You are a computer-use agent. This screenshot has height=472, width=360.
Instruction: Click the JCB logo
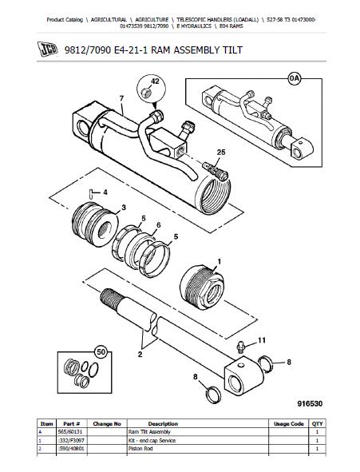click(x=47, y=49)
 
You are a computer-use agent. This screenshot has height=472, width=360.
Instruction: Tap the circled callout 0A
click(x=295, y=78)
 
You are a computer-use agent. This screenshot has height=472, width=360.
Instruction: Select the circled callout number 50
click(x=101, y=352)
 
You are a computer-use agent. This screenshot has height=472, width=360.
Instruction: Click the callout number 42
click(x=155, y=81)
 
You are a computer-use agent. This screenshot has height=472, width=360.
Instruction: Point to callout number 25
click(x=221, y=153)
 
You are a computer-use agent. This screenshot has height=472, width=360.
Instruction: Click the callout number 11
click(x=262, y=340)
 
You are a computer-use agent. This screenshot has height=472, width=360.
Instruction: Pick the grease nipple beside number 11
click(x=240, y=347)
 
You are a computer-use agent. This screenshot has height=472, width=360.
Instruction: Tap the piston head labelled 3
click(x=95, y=224)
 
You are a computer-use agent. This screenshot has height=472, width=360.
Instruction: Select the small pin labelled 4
click(x=90, y=193)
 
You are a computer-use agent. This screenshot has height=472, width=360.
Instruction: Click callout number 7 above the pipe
click(x=121, y=98)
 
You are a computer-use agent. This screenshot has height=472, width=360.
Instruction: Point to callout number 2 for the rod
click(x=140, y=355)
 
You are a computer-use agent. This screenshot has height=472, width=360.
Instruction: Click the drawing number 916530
click(x=310, y=403)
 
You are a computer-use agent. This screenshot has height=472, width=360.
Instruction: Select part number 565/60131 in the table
click(x=69, y=432)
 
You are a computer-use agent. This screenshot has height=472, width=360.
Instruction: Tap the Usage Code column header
click(x=289, y=424)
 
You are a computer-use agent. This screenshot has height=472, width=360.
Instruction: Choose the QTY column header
click(x=317, y=424)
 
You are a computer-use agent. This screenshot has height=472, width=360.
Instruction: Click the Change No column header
click(x=107, y=424)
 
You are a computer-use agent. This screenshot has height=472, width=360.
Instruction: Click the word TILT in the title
click(x=232, y=50)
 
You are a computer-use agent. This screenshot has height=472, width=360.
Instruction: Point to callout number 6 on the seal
click(x=159, y=225)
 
